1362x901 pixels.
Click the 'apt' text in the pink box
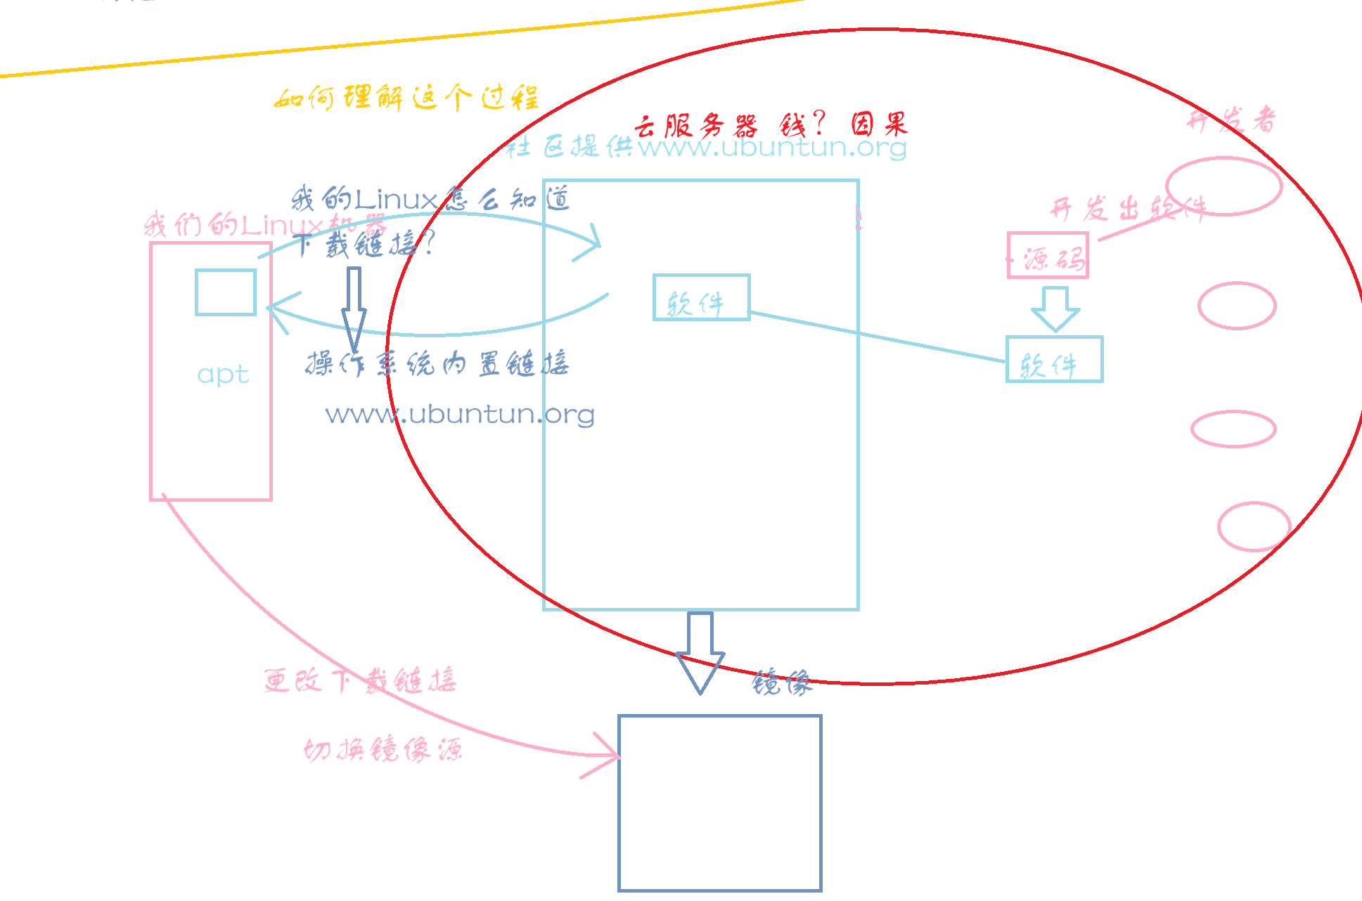pos(223,375)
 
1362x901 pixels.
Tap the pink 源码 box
pos(1048,256)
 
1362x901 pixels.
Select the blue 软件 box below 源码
pos(1054,360)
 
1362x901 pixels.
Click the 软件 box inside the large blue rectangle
pos(701,298)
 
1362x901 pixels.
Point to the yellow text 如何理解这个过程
pos(406,98)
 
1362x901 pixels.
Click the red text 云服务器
pos(696,127)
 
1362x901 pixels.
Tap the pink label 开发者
pos(1231,121)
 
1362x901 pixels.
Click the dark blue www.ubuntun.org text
pos(460,415)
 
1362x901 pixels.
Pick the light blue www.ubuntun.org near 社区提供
pos(772,148)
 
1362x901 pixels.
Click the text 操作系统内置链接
pos(437,364)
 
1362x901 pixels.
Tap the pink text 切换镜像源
pos(383,751)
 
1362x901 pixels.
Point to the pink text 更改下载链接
pos(360,680)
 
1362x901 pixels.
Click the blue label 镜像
pos(782,682)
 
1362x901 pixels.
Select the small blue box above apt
pos(226,292)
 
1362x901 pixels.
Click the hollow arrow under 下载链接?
pos(354,308)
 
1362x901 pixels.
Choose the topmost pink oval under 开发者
pos(1223,186)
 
